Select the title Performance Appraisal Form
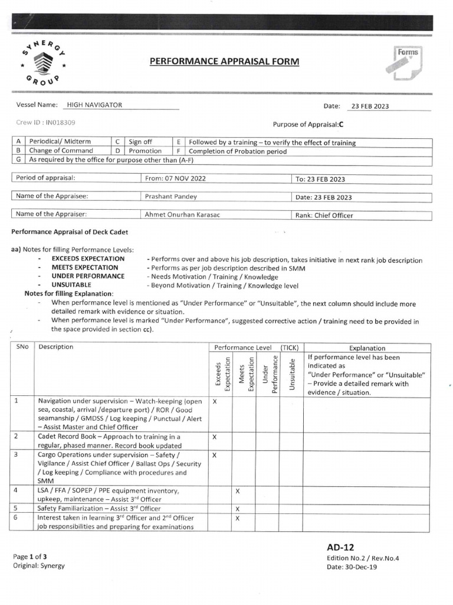(224, 61)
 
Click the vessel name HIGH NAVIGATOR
(94, 105)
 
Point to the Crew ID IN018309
(46, 123)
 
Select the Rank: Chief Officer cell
(324, 215)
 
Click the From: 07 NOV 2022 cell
(175, 178)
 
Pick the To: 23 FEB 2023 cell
(320, 179)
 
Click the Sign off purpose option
(140, 142)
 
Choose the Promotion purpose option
(145, 151)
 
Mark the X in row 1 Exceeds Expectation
(215, 401)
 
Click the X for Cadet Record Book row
(215, 437)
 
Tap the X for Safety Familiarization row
(237, 508)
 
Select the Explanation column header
(367, 348)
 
